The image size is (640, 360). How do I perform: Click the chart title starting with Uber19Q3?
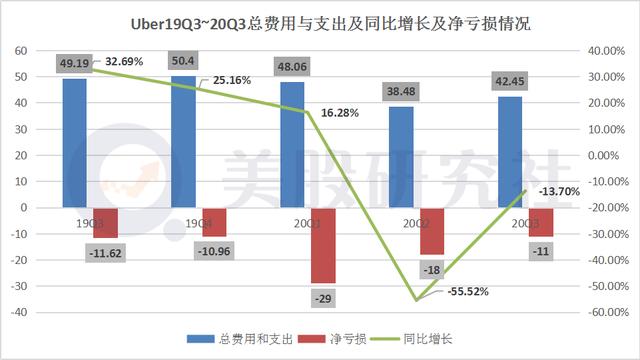tap(319, 22)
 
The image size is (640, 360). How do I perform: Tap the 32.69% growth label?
tap(119, 62)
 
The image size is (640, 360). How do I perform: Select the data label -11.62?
tap(104, 254)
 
